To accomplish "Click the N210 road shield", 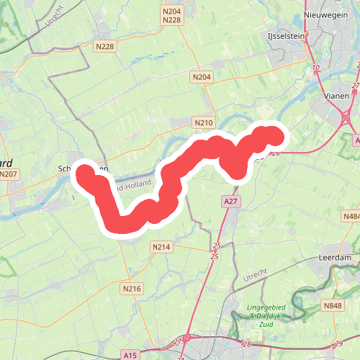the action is coord(204,123).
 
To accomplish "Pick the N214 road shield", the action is coord(161,247).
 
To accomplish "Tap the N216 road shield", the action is coord(131,289).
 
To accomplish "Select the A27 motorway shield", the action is coord(230,202).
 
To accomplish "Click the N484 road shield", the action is coord(351,216).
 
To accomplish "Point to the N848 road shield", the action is coord(333,306).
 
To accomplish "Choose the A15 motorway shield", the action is coord(130,355).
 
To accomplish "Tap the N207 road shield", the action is coord(9,174).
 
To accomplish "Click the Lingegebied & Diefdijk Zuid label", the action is coord(259,315).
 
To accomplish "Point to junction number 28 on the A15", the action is coord(247,346).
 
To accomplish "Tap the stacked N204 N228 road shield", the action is coord(171,15).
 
